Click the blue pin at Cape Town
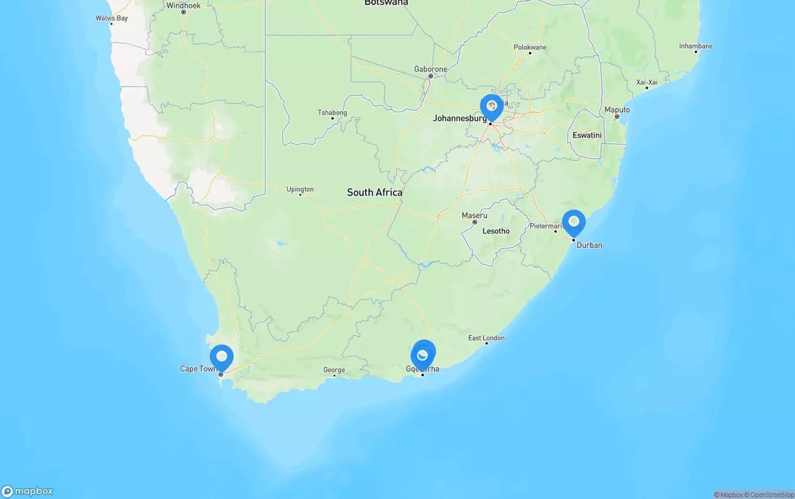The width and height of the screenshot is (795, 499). [222, 357]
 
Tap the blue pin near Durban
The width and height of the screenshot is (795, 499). [573, 222]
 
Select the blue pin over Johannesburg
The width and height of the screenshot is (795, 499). [491, 107]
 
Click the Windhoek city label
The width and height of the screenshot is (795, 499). [184, 5]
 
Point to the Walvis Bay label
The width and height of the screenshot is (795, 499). [112, 18]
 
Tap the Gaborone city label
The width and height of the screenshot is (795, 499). [431, 69]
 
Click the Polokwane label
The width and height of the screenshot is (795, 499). [530, 48]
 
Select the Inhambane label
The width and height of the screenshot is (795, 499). [695, 46]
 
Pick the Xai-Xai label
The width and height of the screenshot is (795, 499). [647, 82]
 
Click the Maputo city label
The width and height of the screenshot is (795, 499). [616, 110]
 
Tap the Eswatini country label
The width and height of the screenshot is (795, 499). [586, 135]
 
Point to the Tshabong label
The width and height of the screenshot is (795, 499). [332, 113]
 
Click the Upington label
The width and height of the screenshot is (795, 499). [300, 190]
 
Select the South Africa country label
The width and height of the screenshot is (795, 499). [374, 192]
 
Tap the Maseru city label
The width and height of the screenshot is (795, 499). [474, 215]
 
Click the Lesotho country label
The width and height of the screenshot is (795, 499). [495, 231]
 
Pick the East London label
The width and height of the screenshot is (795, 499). [486, 338]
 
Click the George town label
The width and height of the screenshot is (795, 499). [334, 370]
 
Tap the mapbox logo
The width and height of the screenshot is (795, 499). [27, 491]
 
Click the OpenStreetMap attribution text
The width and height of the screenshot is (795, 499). [769, 495]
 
